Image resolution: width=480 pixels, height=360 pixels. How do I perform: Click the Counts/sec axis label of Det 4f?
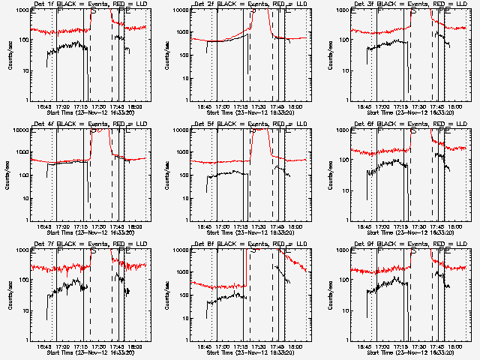point(9,175)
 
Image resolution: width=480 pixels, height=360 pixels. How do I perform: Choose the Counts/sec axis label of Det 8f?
point(169,295)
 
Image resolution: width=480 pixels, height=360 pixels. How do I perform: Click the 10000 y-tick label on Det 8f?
point(180,250)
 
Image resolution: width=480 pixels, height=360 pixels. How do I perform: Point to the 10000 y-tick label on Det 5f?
point(180,130)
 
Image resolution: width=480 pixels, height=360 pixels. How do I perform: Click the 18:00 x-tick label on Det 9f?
point(455,347)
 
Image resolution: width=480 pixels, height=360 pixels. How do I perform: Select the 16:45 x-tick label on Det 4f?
point(43,227)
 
